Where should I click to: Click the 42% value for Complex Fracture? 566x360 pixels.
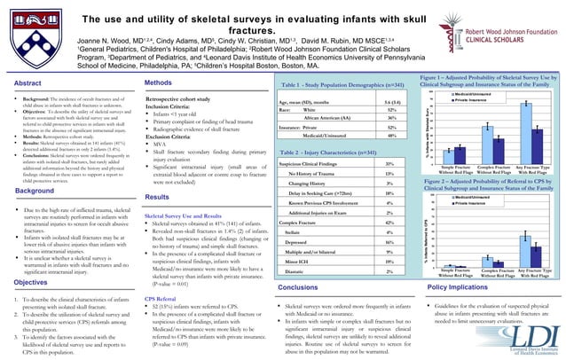389,222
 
